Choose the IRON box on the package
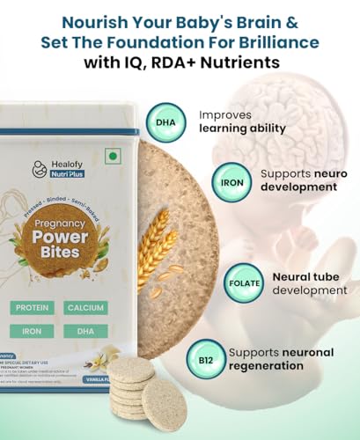point(32,331)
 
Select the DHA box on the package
point(85,331)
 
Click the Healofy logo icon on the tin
point(40,168)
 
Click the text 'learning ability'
point(242,128)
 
